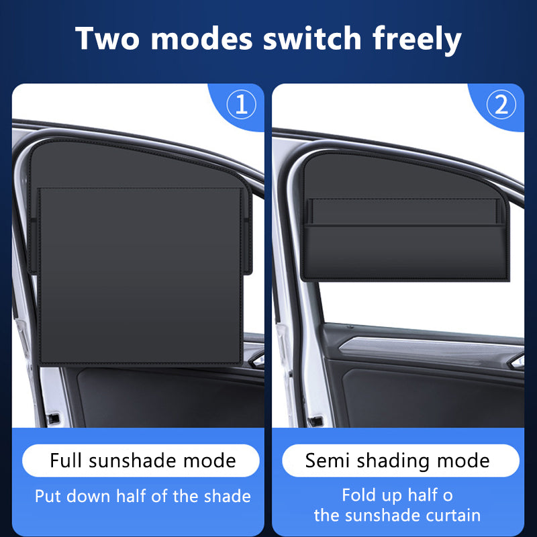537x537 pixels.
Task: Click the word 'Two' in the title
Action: (x=107, y=38)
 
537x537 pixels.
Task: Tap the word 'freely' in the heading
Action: (x=417, y=41)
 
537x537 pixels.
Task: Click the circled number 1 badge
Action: (x=242, y=105)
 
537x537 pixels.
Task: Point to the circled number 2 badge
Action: (x=501, y=105)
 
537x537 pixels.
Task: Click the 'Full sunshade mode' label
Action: (x=143, y=460)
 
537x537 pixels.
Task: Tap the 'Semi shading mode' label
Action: (x=397, y=461)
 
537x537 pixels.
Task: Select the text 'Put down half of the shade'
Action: (x=143, y=496)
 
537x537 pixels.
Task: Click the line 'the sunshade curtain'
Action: (x=397, y=516)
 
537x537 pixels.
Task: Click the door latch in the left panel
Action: (x=54, y=418)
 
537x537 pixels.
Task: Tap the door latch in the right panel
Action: (x=314, y=422)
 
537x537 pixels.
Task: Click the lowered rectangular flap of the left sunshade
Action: (x=141, y=276)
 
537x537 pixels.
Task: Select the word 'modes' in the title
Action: (x=202, y=38)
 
